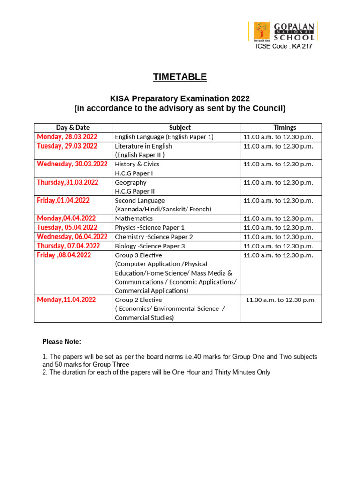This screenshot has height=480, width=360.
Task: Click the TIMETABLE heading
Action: click(x=180, y=77)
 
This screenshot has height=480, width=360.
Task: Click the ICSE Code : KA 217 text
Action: click(x=284, y=46)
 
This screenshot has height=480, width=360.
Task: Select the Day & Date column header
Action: click(x=73, y=127)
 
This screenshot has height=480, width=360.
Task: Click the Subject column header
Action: click(x=180, y=127)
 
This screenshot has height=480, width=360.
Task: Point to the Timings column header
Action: click(x=285, y=127)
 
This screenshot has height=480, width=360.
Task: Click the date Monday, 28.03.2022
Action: click(x=67, y=137)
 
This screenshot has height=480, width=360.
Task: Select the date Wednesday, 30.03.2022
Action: click(x=72, y=164)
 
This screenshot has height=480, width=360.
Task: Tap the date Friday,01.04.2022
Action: click(x=63, y=200)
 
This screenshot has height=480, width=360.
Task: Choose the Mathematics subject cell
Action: click(x=134, y=218)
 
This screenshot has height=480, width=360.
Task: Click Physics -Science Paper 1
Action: click(x=150, y=227)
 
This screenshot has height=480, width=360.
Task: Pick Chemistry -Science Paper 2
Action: click(x=154, y=237)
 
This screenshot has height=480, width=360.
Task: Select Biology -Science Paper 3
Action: click(x=150, y=246)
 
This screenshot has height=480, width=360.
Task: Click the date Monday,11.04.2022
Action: click(x=66, y=300)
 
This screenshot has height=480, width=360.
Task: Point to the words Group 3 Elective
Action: click(x=138, y=255)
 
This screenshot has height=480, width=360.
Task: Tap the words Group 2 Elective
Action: click(x=138, y=300)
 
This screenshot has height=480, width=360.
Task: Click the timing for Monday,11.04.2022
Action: click(x=281, y=300)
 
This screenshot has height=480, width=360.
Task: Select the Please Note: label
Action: click(x=62, y=341)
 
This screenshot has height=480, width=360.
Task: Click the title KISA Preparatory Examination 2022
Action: click(x=180, y=98)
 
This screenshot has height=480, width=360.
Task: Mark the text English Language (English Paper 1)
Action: click(x=164, y=137)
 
